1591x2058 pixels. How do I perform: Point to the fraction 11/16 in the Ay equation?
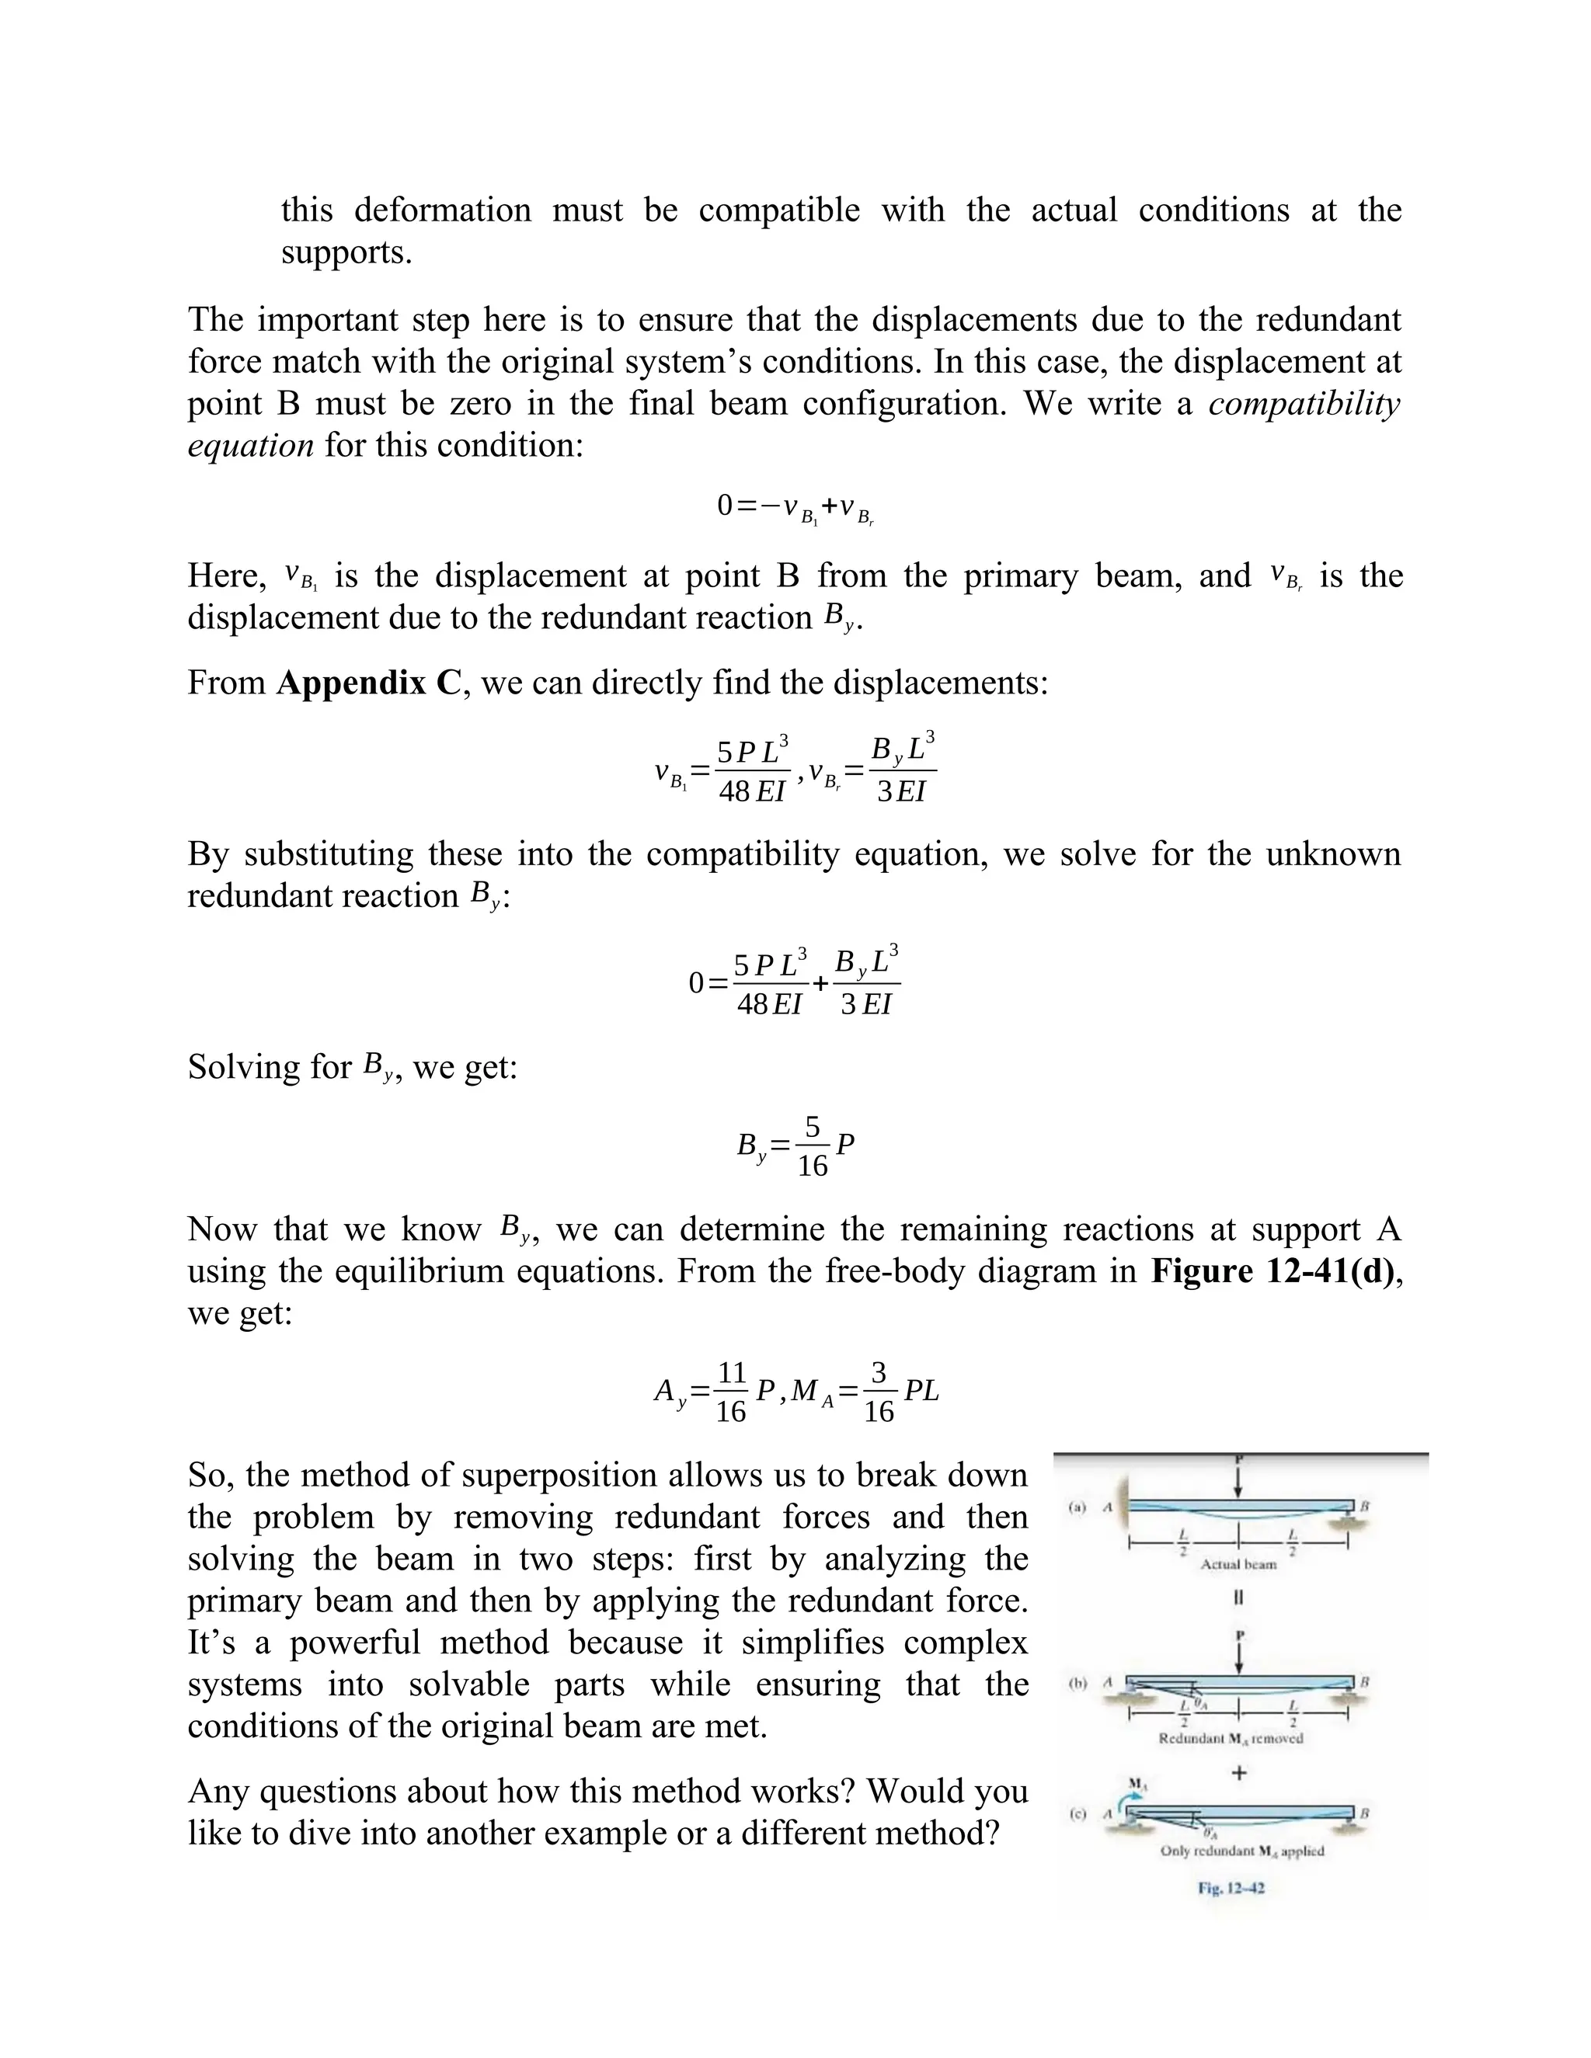(731, 1391)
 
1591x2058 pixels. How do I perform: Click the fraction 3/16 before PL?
(879, 1391)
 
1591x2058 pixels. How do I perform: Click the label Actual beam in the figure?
(1238, 1564)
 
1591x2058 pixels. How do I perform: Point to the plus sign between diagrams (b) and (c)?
(1239, 1772)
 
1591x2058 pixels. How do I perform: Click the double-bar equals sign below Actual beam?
(1238, 1598)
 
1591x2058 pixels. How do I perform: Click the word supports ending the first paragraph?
(346, 252)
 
